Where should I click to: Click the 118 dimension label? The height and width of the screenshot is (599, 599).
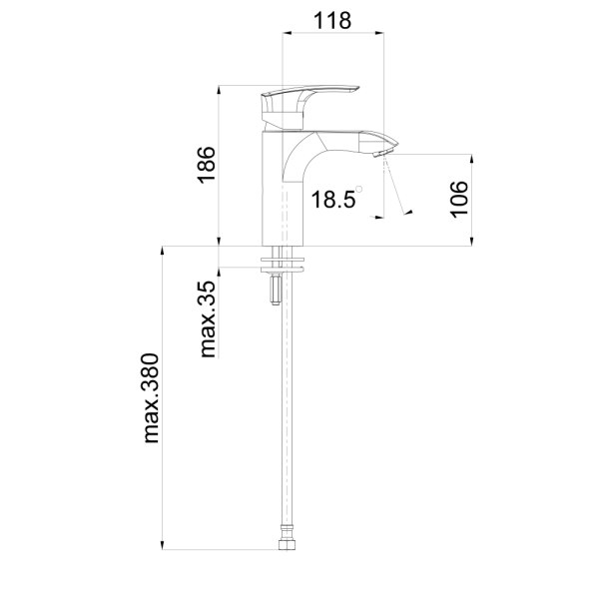tap(332, 21)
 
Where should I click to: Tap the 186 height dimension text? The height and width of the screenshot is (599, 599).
tap(207, 165)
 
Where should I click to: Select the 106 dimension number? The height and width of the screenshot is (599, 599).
tap(459, 200)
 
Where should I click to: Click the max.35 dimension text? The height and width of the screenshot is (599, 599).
tap(209, 319)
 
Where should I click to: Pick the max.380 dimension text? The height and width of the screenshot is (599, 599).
tap(151, 398)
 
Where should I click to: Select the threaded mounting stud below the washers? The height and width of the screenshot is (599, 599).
tap(276, 290)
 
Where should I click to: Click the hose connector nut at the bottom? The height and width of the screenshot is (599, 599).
tap(285, 544)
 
